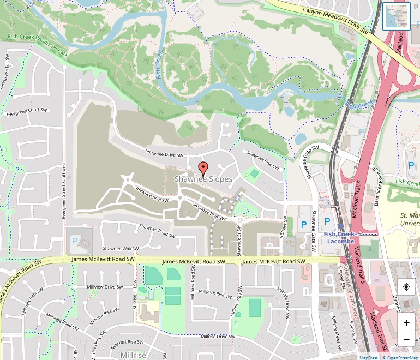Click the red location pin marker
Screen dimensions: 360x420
tap(203, 169)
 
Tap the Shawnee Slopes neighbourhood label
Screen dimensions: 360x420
tap(203, 179)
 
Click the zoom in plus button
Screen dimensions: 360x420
tap(406, 323)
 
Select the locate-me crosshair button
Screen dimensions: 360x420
tap(406, 287)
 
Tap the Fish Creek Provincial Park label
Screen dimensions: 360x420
tap(38, 46)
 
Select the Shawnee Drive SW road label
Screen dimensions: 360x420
tap(164, 153)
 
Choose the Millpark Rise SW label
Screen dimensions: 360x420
tap(215, 293)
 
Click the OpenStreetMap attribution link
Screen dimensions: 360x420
tap(401, 357)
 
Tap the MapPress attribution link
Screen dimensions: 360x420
tap(369, 357)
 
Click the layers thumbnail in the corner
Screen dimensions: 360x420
tap(397, 16)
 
